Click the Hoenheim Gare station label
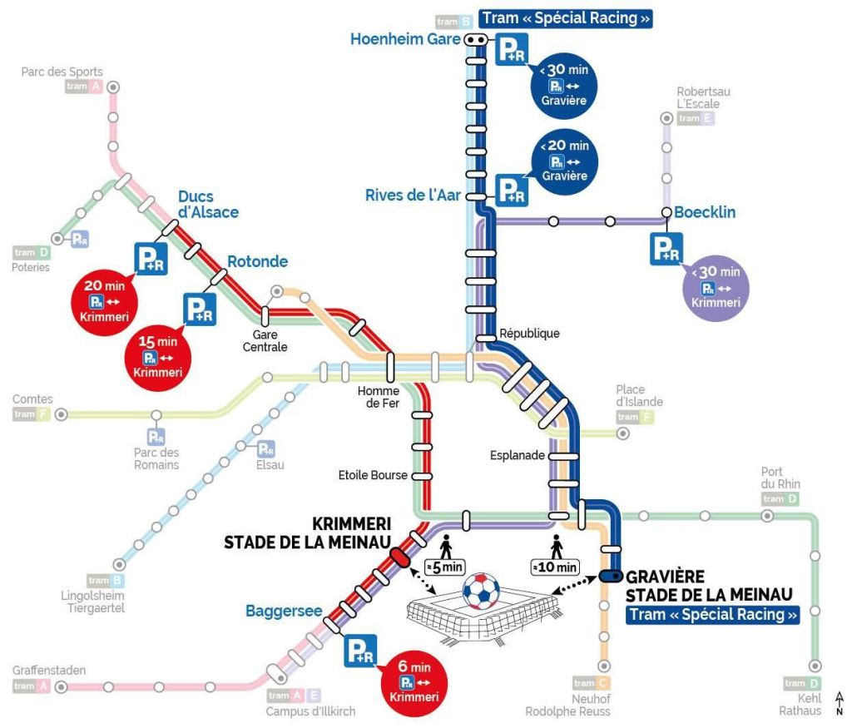tap(406, 39)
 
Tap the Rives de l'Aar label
tap(413, 196)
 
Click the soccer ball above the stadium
tap(479, 590)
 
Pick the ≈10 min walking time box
tap(555, 567)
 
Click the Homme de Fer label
tap(379, 397)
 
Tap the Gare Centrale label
tap(265, 340)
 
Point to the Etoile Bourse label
tap(372, 475)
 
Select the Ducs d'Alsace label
tap(208, 204)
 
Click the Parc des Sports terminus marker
tap(113, 87)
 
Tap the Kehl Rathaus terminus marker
tap(815, 666)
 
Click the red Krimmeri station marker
tap(400, 556)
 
